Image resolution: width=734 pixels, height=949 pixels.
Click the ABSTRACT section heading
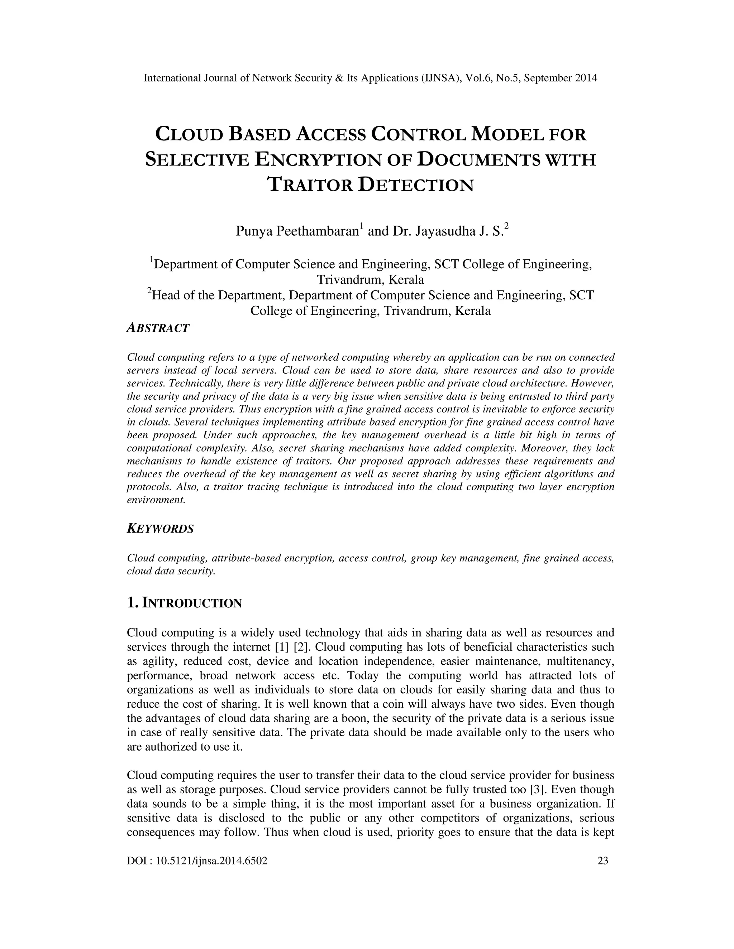click(158, 328)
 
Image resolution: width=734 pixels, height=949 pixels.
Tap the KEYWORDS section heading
click(160, 529)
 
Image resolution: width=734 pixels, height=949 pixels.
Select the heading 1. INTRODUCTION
click(184, 603)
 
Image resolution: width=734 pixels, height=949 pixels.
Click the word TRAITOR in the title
click(310, 185)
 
